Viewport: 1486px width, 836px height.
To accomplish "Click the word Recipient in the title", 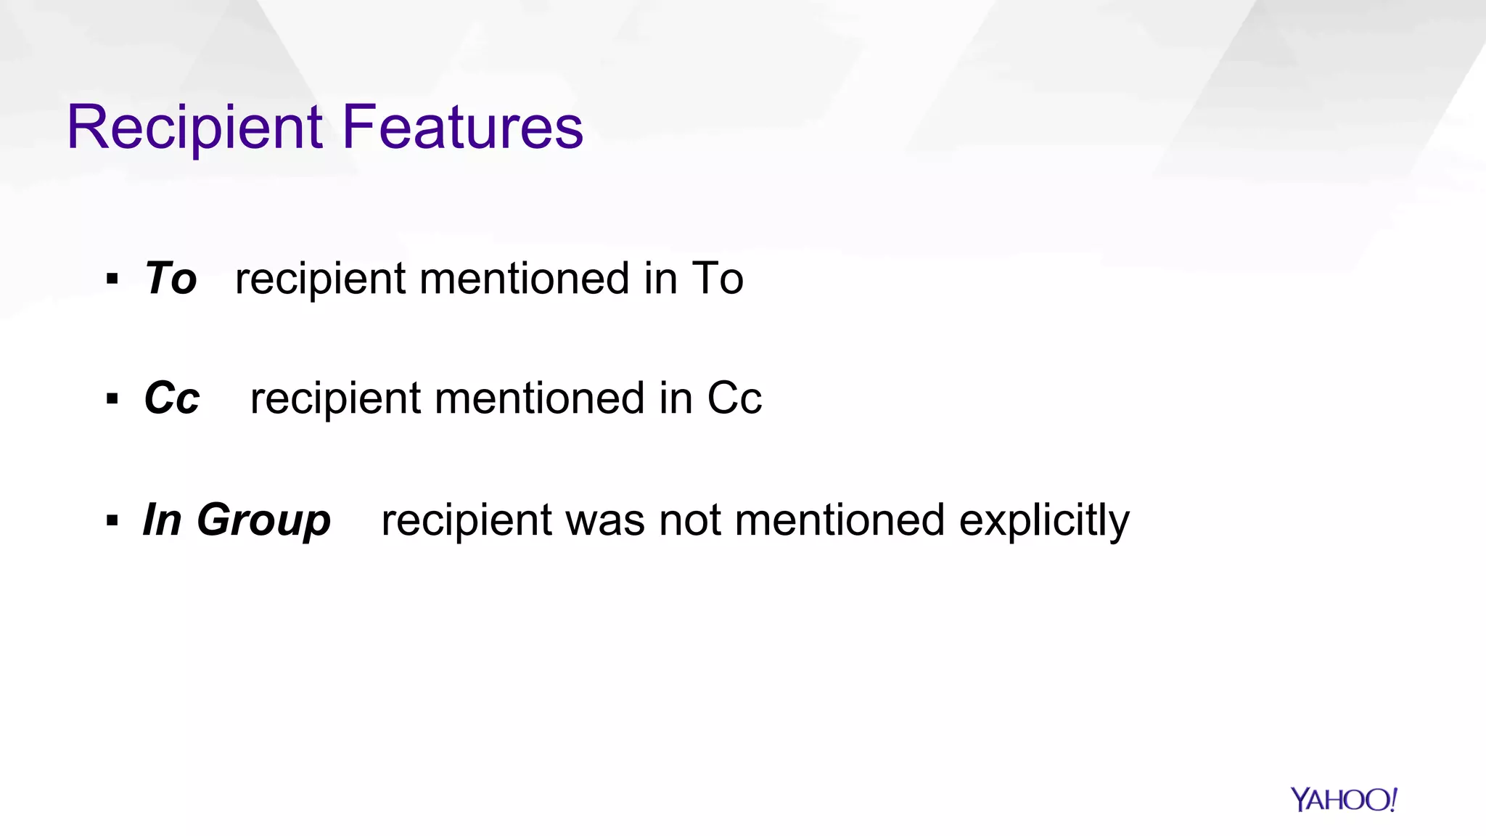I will click(194, 128).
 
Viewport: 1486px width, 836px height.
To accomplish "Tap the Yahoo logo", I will click(1343, 800).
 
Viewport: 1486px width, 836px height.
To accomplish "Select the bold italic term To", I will click(171, 279).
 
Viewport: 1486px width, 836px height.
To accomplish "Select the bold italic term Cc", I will click(172, 398).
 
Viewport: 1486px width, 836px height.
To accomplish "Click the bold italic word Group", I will click(263, 520).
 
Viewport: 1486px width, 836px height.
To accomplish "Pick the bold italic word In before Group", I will click(162, 520).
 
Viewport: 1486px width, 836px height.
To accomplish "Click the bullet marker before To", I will click(112, 279).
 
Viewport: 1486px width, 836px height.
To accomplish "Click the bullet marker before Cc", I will click(112, 399).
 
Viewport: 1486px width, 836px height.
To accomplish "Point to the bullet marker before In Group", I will click(112, 520).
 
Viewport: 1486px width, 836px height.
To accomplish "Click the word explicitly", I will click(1044, 521).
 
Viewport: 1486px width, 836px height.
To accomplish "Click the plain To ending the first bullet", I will click(718, 279).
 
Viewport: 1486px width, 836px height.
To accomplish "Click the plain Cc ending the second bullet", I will click(734, 398).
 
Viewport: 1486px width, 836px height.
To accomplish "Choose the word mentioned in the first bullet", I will click(524, 279).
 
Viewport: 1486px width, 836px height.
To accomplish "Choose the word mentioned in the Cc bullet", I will click(539, 398).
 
